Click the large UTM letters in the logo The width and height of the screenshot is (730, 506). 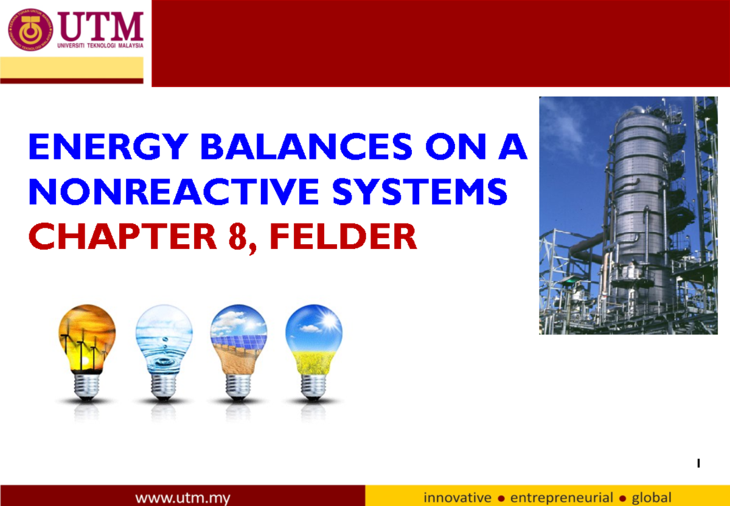point(102,27)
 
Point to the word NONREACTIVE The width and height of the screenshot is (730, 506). point(172,192)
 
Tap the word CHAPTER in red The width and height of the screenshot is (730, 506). point(122,236)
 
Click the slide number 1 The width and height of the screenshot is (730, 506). point(698,464)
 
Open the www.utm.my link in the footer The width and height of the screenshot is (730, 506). point(182,497)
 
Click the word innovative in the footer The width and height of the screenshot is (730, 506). point(457,497)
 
